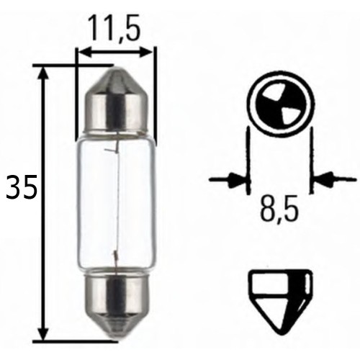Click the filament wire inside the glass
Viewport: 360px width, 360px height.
coord(114,202)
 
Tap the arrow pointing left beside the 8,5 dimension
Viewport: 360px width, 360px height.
coord(328,176)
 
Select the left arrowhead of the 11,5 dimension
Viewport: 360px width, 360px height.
coord(84,52)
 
